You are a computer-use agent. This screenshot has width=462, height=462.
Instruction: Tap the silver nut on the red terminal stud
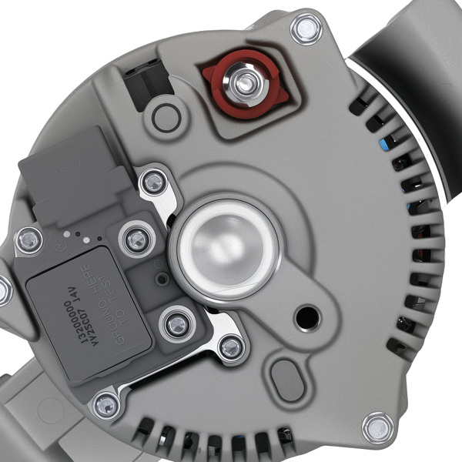245,81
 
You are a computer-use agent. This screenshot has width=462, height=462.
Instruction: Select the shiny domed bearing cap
226,246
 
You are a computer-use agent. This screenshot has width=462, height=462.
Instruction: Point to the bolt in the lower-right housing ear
377,427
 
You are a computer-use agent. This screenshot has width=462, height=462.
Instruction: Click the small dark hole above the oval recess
309,314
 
